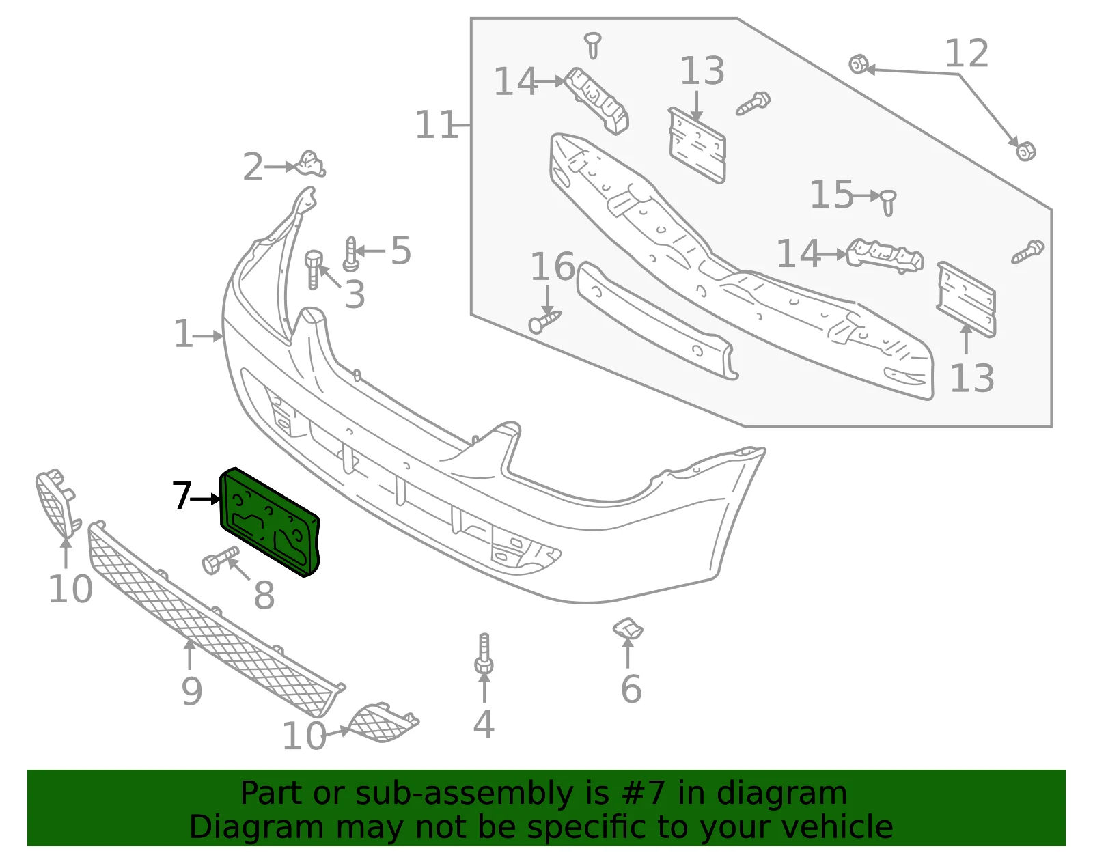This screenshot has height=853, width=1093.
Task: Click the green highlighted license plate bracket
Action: pos(269,521)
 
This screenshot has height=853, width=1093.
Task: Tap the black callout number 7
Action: pos(182,495)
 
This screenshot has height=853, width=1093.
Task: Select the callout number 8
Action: pos(264,595)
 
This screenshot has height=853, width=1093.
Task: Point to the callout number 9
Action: pos(192,692)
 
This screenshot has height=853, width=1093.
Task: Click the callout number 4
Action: pos(484,724)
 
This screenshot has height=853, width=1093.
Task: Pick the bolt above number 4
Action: pos(484,654)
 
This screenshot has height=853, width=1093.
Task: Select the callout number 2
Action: pos(253,167)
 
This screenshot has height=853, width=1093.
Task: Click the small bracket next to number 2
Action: pos(310,164)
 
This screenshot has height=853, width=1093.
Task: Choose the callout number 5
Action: pos(401,251)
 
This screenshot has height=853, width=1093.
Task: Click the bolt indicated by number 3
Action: pos(313,269)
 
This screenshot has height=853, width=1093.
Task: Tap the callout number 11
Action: pos(436,125)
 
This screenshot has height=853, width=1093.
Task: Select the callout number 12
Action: pos(967,53)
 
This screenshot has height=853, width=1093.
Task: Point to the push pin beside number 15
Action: pos(888,203)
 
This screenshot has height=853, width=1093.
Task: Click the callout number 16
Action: pos(552,266)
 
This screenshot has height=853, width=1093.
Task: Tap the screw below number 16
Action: pos(544,322)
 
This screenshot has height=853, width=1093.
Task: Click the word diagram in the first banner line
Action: pos(781,793)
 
